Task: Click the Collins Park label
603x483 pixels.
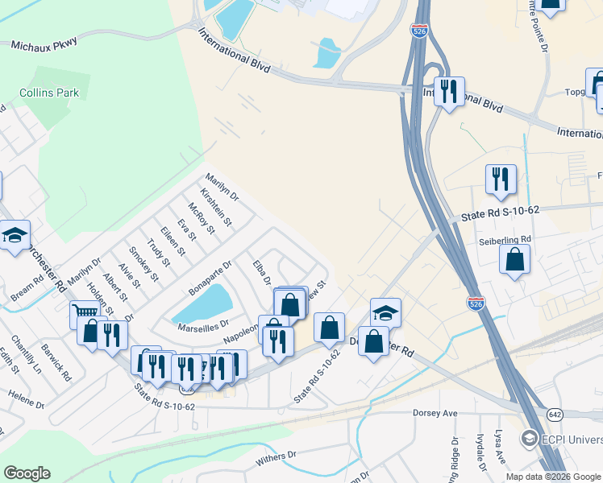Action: (50, 93)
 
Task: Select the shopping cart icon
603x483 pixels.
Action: (84, 312)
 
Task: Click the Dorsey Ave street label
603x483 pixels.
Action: (435, 413)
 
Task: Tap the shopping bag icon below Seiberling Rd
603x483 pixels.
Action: (514, 260)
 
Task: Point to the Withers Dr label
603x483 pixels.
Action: (276, 457)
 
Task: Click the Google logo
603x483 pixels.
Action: (27, 473)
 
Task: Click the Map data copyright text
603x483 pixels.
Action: (554, 477)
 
